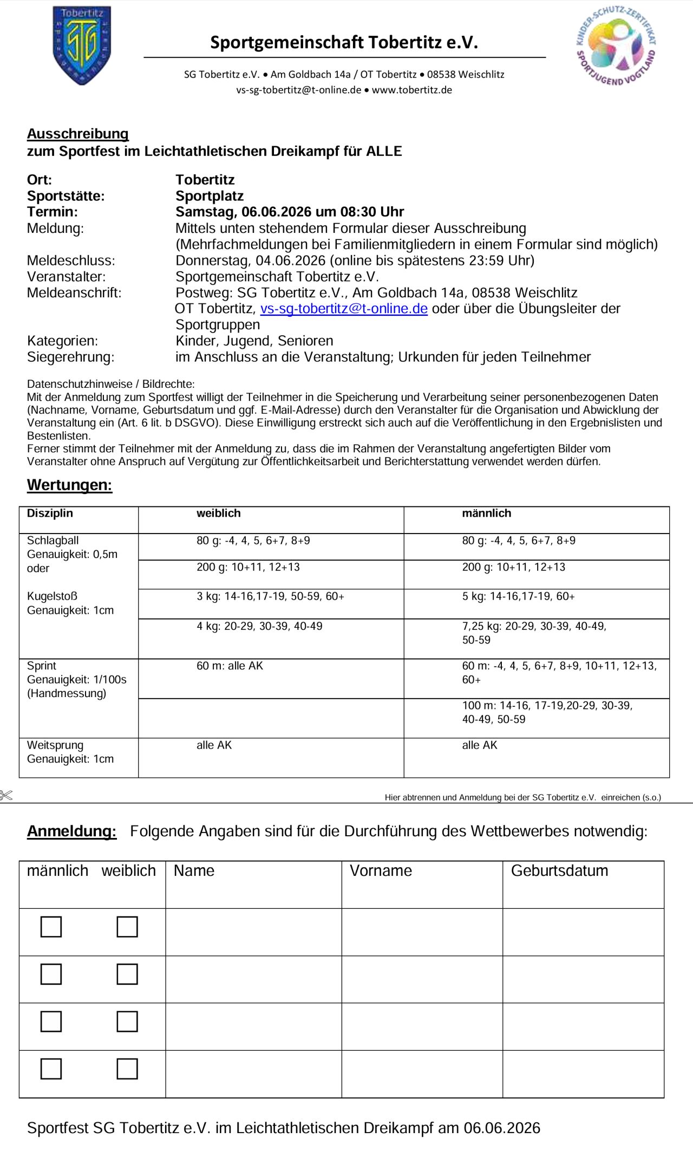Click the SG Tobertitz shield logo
[x=82, y=45]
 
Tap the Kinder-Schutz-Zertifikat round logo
[x=616, y=46]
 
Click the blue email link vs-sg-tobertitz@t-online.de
[x=344, y=309]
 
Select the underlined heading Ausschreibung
[x=78, y=134]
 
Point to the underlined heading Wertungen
[x=69, y=485]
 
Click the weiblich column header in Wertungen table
[x=218, y=513]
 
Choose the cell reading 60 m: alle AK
[x=230, y=666]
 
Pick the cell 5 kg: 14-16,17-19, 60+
[x=518, y=596]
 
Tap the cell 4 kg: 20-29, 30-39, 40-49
[x=259, y=626]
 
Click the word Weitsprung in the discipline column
[x=55, y=745]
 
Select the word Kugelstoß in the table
[x=52, y=596]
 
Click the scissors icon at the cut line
[x=6, y=796]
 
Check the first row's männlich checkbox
[x=51, y=927]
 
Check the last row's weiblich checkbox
[x=127, y=1069]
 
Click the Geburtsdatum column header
[x=559, y=871]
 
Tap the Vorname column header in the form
[x=381, y=871]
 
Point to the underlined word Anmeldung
[x=71, y=831]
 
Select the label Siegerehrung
[x=70, y=357]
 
